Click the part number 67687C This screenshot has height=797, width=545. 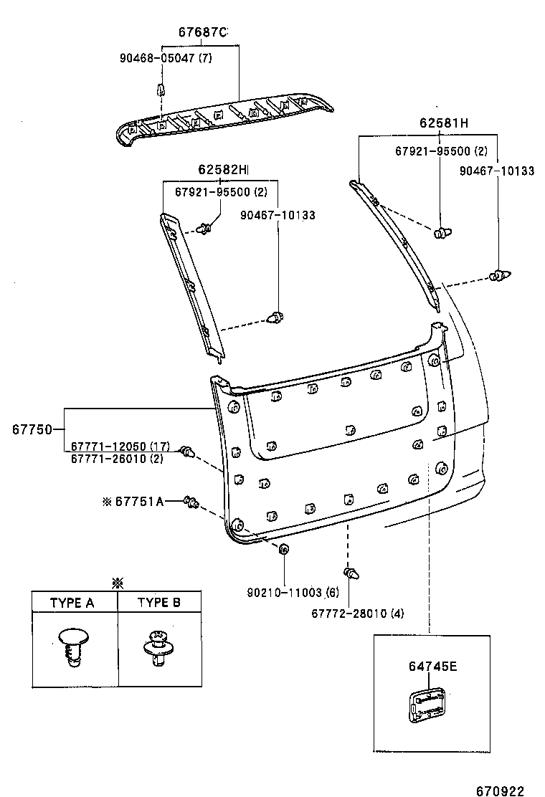pos(202,32)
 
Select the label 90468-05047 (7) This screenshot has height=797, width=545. pos(166,59)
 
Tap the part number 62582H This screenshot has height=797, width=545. pos(223,169)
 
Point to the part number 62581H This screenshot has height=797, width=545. pos(444,123)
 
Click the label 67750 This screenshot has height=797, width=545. pos(32,430)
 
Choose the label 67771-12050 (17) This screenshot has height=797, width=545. pos(120,447)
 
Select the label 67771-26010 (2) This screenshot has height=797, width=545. pos(117,459)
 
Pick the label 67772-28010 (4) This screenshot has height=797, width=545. pos(358,614)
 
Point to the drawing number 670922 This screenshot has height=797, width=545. pos(500,786)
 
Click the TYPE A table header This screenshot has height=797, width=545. pos(72,603)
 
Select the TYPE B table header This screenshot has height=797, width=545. pos(158,603)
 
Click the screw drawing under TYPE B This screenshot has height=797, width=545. pos(156,646)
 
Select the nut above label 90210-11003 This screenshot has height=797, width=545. pos(284,550)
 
